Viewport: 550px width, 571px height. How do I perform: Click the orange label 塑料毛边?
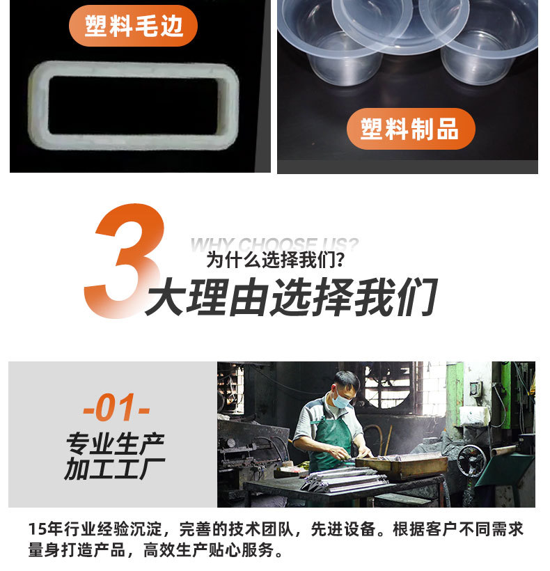[133, 26]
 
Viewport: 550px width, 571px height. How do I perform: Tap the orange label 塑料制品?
[411, 129]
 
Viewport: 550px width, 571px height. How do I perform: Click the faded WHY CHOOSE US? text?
[274, 244]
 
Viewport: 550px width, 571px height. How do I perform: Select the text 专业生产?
[116, 443]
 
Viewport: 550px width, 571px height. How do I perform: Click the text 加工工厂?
[116, 469]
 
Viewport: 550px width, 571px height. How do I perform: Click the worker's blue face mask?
[340, 401]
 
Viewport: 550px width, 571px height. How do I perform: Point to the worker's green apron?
[330, 435]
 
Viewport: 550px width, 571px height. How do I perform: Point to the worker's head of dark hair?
[346, 380]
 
